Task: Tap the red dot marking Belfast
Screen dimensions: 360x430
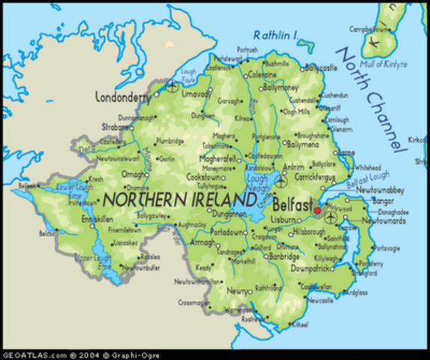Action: click(317, 211)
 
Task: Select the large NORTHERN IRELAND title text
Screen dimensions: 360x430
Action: click(179, 199)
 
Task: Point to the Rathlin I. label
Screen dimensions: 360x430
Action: click(275, 34)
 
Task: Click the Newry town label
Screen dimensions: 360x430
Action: click(239, 291)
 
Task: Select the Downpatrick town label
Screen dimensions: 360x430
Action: click(311, 266)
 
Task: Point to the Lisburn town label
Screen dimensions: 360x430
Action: click(284, 220)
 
